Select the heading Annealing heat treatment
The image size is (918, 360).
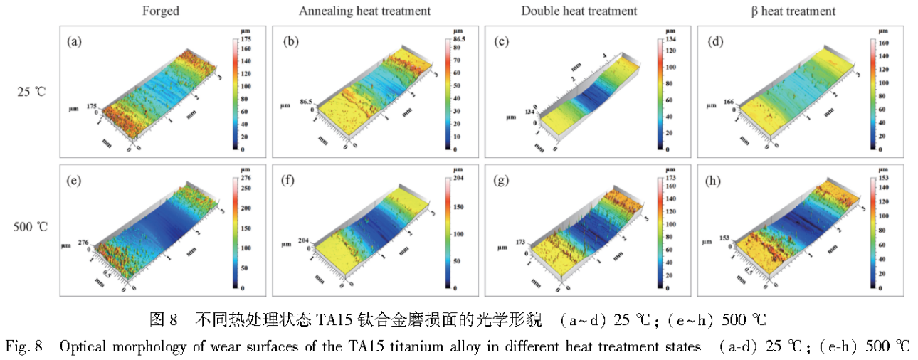pos(365,11)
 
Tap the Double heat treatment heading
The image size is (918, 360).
pos(579,11)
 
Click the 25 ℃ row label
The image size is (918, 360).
pos(33,92)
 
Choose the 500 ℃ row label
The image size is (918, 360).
pos(33,228)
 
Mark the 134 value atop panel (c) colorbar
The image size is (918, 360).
pos(670,41)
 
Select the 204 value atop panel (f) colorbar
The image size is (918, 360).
pos(459,178)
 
